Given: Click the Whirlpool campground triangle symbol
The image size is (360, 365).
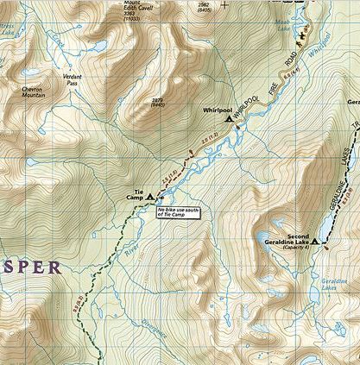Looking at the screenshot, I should [x=230, y=120].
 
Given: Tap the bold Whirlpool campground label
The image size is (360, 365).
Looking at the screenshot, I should [x=218, y=110].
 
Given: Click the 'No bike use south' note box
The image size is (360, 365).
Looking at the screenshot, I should [x=178, y=211].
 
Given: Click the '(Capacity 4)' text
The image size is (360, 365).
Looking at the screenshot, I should [x=299, y=251].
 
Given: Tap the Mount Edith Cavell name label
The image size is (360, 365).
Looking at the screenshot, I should [x=138, y=3].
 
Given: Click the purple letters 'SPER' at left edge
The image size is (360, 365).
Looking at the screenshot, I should [x=31, y=267].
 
